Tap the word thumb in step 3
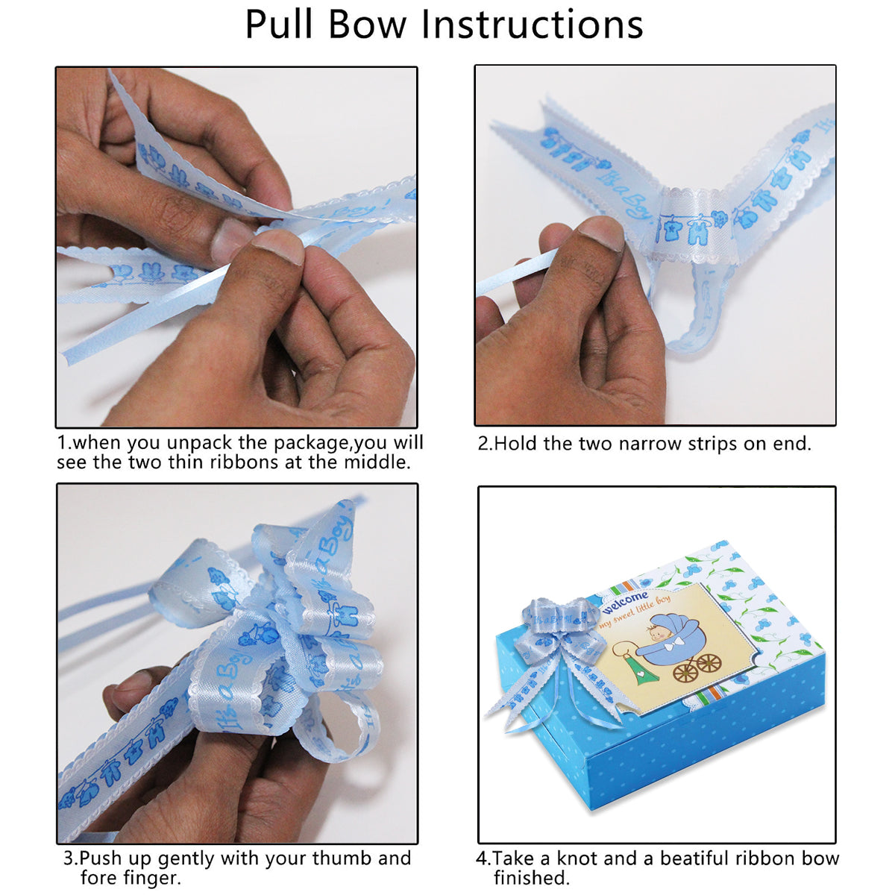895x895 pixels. (343, 858)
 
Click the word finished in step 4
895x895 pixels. (531, 878)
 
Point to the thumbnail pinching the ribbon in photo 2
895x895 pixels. (600, 232)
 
